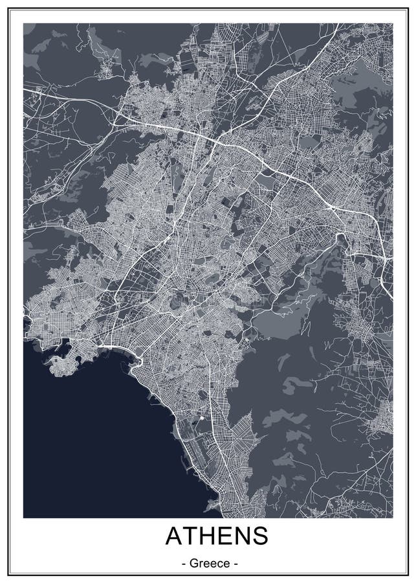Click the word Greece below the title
click(x=208, y=564)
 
